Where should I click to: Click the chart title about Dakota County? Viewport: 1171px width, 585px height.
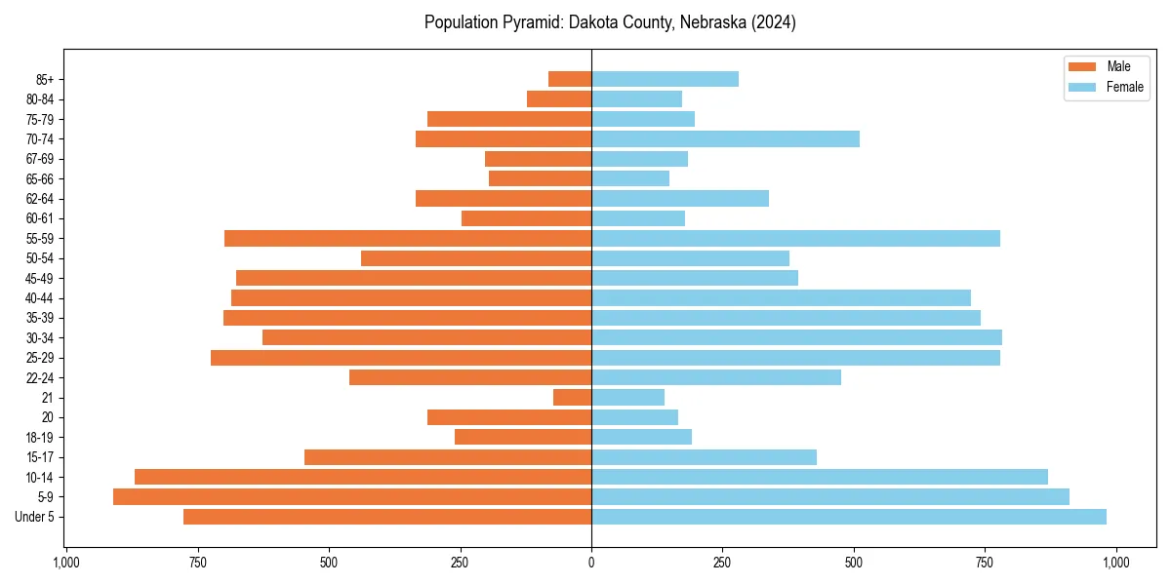(610, 22)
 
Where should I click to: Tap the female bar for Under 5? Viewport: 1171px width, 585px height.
(848, 517)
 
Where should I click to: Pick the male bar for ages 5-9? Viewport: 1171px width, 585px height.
(352, 496)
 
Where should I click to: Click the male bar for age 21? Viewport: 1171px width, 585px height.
(572, 397)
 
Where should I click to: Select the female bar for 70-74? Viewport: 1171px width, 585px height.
(725, 138)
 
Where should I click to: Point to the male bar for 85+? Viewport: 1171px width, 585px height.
(570, 79)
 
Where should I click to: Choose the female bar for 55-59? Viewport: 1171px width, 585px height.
(795, 238)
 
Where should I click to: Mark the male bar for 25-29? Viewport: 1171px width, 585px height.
(401, 358)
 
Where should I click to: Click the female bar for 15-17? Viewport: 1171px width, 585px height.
(704, 456)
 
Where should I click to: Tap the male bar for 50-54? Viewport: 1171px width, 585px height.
(476, 258)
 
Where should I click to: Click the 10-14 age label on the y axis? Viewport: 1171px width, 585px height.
(40, 477)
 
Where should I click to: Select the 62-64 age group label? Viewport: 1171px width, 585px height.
(40, 199)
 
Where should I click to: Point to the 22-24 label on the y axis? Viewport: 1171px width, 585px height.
(40, 377)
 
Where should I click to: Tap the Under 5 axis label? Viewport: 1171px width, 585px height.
(35, 517)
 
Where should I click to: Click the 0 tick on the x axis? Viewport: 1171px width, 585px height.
(591, 563)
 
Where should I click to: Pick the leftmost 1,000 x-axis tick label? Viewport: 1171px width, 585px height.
(65, 563)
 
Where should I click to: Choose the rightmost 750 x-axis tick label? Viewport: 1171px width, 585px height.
(985, 563)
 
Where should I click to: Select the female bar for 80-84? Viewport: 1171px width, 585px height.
(636, 98)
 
